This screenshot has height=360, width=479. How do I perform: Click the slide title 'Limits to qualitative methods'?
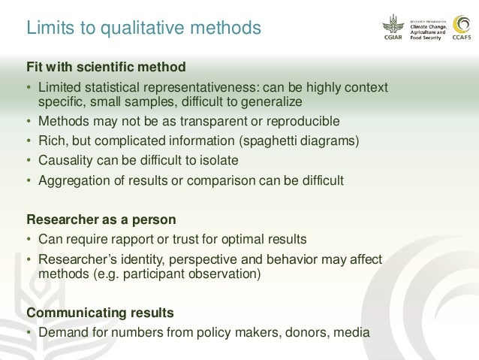click(x=143, y=29)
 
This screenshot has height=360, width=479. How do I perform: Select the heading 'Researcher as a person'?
click(x=101, y=220)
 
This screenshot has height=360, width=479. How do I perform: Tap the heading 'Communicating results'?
click(x=100, y=312)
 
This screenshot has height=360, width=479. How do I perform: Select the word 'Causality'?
click(x=67, y=160)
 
